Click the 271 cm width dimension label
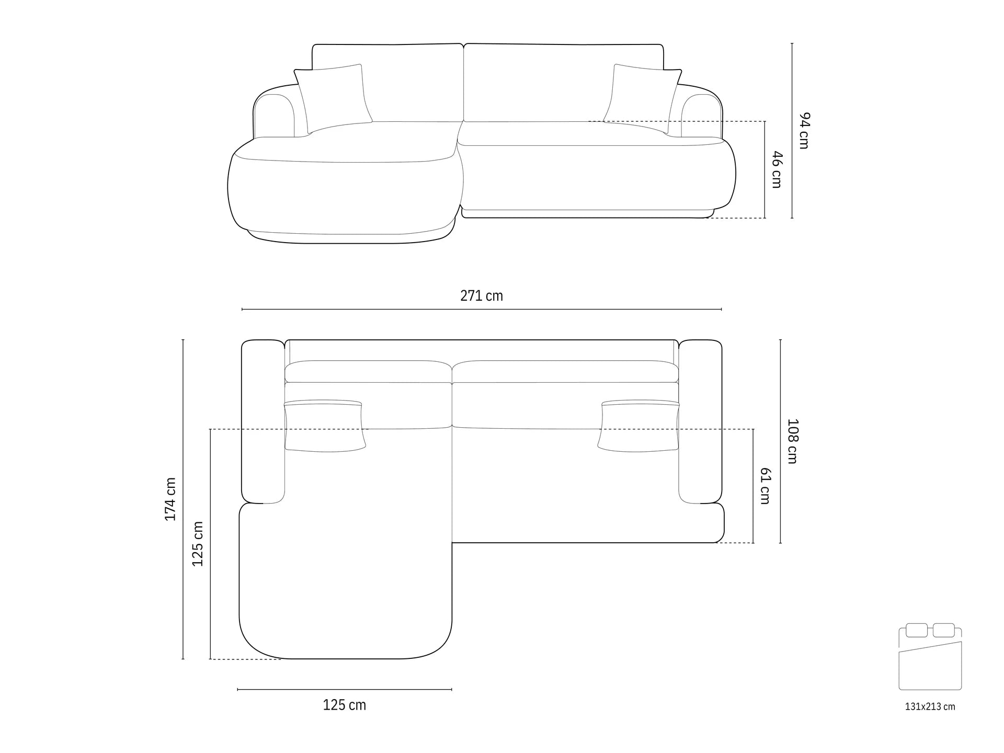(x=482, y=296)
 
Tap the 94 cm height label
(x=804, y=130)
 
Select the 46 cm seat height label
(x=777, y=169)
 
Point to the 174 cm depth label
(x=170, y=499)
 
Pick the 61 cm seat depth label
(x=765, y=486)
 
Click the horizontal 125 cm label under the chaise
(x=345, y=705)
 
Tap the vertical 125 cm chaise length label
(x=198, y=544)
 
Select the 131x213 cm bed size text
(x=930, y=706)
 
